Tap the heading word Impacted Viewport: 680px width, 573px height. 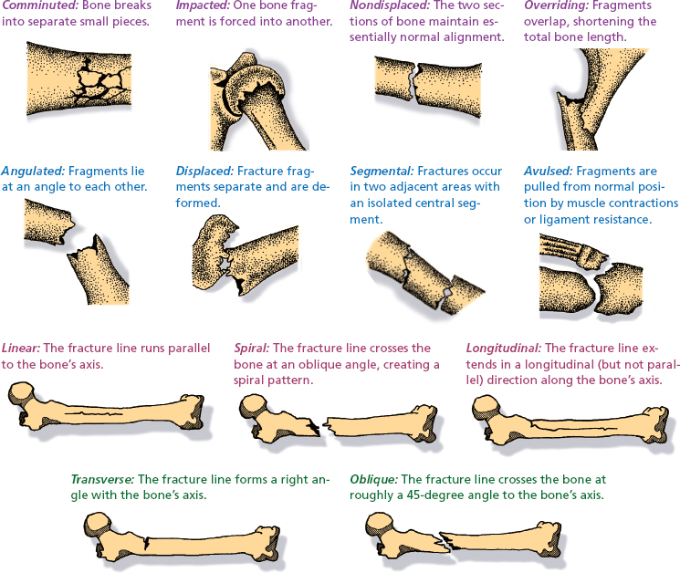pos(204,6)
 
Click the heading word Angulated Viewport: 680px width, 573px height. pos(30,171)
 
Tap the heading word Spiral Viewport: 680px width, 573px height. pos(250,349)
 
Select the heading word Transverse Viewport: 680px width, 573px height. pos(102,479)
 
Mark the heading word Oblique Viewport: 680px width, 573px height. pos(373,479)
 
